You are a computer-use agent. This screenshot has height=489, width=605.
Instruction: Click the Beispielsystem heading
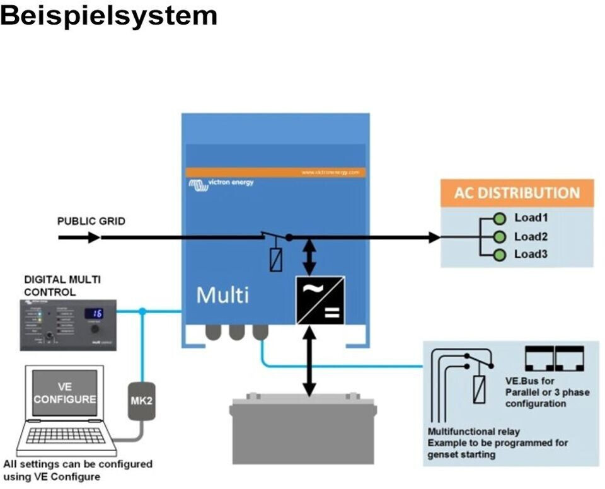coord(108,15)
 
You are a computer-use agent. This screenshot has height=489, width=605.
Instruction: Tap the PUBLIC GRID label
coord(91,221)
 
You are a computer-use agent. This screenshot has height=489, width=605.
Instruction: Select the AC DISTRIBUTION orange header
coord(517,193)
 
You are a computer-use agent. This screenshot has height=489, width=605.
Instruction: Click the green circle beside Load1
coord(500,219)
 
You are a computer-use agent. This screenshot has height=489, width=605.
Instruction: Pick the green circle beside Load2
coord(500,237)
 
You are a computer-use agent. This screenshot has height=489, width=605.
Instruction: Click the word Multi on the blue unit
coord(222,295)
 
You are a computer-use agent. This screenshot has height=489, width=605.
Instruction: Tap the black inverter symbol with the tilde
coord(320,300)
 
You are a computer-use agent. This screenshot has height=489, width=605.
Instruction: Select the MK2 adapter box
coord(142,400)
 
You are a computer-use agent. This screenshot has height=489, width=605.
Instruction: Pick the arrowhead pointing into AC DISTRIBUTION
coord(434,238)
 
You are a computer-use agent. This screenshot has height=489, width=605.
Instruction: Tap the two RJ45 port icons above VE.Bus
coord(555,357)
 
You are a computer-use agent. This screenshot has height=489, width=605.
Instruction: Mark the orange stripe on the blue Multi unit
coord(275,172)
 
